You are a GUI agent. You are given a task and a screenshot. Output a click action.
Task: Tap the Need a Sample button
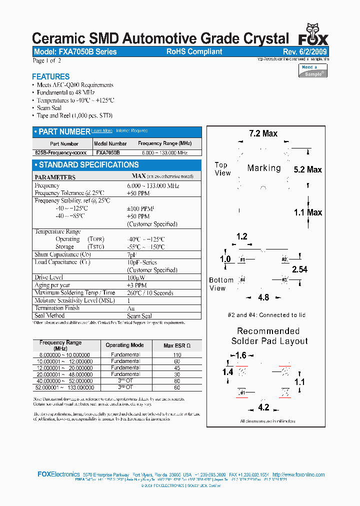[313, 70]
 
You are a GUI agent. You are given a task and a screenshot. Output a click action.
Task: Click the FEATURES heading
[50, 76]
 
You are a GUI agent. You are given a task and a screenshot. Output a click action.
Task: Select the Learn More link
[101, 131]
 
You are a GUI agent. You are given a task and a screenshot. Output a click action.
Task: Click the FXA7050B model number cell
[107, 152]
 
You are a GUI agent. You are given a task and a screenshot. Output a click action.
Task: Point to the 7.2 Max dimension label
[263, 133]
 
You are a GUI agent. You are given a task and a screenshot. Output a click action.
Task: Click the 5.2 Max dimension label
[307, 170]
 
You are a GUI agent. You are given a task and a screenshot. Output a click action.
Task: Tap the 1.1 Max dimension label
[307, 212]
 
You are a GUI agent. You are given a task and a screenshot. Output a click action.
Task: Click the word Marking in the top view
[264, 168]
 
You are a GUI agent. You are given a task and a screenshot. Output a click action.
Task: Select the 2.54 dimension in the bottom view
[299, 269]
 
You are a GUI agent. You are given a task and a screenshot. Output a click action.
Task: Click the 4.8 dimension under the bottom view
[263, 297]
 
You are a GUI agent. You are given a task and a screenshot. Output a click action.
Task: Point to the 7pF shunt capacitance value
[132, 254]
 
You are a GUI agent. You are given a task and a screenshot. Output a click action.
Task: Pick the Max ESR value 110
[177, 354]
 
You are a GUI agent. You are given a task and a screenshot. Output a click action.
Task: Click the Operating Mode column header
[124, 345]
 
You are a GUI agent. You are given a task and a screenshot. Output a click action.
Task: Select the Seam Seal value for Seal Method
[139, 316]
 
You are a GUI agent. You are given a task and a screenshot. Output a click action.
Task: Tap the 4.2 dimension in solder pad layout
[263, 407]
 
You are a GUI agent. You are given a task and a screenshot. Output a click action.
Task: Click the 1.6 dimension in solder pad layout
[240, 355]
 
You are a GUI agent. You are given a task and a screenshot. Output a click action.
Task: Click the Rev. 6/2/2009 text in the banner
[304, 52]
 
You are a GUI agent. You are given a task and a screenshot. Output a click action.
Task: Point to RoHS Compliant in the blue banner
[194, 52]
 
